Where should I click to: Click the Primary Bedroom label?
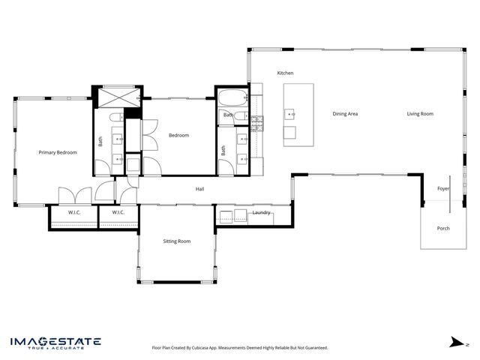[x=58, y=152]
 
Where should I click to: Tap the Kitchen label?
[x=285, y=73]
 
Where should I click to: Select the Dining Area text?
[x=345, y=114]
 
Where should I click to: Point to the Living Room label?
[x=420, y=114]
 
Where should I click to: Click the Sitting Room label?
[x=177, y=241]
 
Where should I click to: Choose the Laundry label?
[x=261, y=213]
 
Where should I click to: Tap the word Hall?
[x=200, y=189]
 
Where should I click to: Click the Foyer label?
[x=443, y=189]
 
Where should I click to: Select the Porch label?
[x=443, y=228]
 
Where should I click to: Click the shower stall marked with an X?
[x=116, y=97]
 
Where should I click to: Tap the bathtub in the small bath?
[x=230, y=98]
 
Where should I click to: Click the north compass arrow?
[x=454, y=342]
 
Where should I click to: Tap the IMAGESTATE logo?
[x=55, y=343]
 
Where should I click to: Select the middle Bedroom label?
[x=178, y=135]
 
